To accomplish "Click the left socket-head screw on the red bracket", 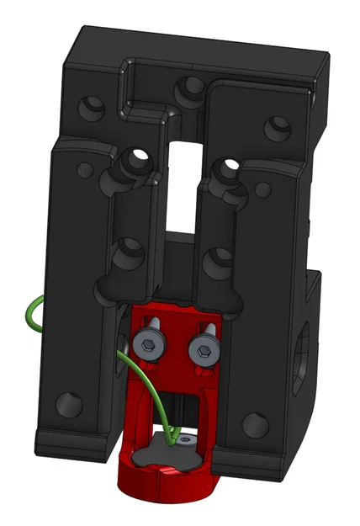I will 147,343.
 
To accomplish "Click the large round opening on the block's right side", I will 304,353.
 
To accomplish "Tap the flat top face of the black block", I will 202,42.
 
